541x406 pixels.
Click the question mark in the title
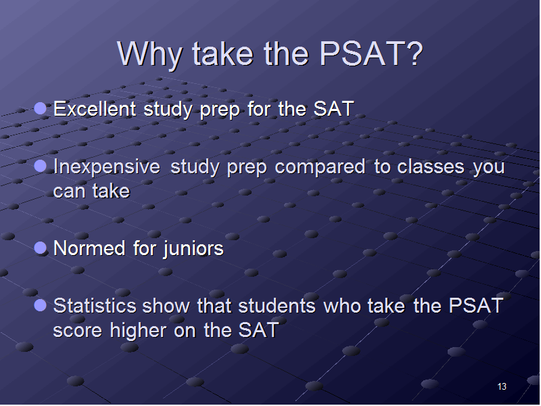(x=413, y=53)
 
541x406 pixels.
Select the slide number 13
(x=502, y=386)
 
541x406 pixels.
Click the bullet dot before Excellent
(x=41, y=108)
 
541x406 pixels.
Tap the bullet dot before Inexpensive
(x=41, y=166)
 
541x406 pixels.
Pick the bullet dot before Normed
(x=41, y=248)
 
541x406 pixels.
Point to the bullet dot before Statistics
(x=41, y=305)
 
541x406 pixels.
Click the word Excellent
(x=95, y=109)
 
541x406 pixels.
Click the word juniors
(x=193, y=249)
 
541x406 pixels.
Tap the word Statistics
(x=95, y=306)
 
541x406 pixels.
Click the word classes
(x=431, y=166)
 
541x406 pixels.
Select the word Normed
(x=89, y=248)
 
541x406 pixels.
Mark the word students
(x=277, y=306)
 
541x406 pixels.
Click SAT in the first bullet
(x=333, y=109)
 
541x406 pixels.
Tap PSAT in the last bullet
(x=476, y=306)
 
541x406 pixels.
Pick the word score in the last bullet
(x=78, y=331)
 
